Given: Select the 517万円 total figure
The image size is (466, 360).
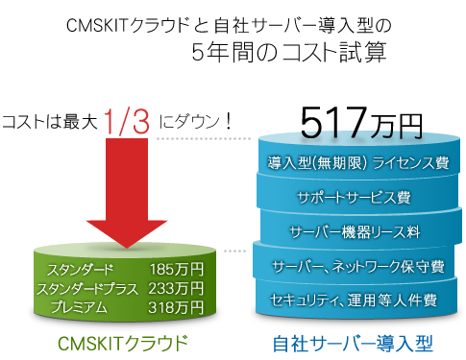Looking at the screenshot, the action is pos(360,123).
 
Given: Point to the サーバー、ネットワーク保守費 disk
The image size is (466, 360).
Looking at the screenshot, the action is pos(356,266).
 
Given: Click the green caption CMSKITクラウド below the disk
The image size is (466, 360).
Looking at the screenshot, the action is pos(123,341).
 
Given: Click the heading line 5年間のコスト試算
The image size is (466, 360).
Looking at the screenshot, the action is pos(288,53).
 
